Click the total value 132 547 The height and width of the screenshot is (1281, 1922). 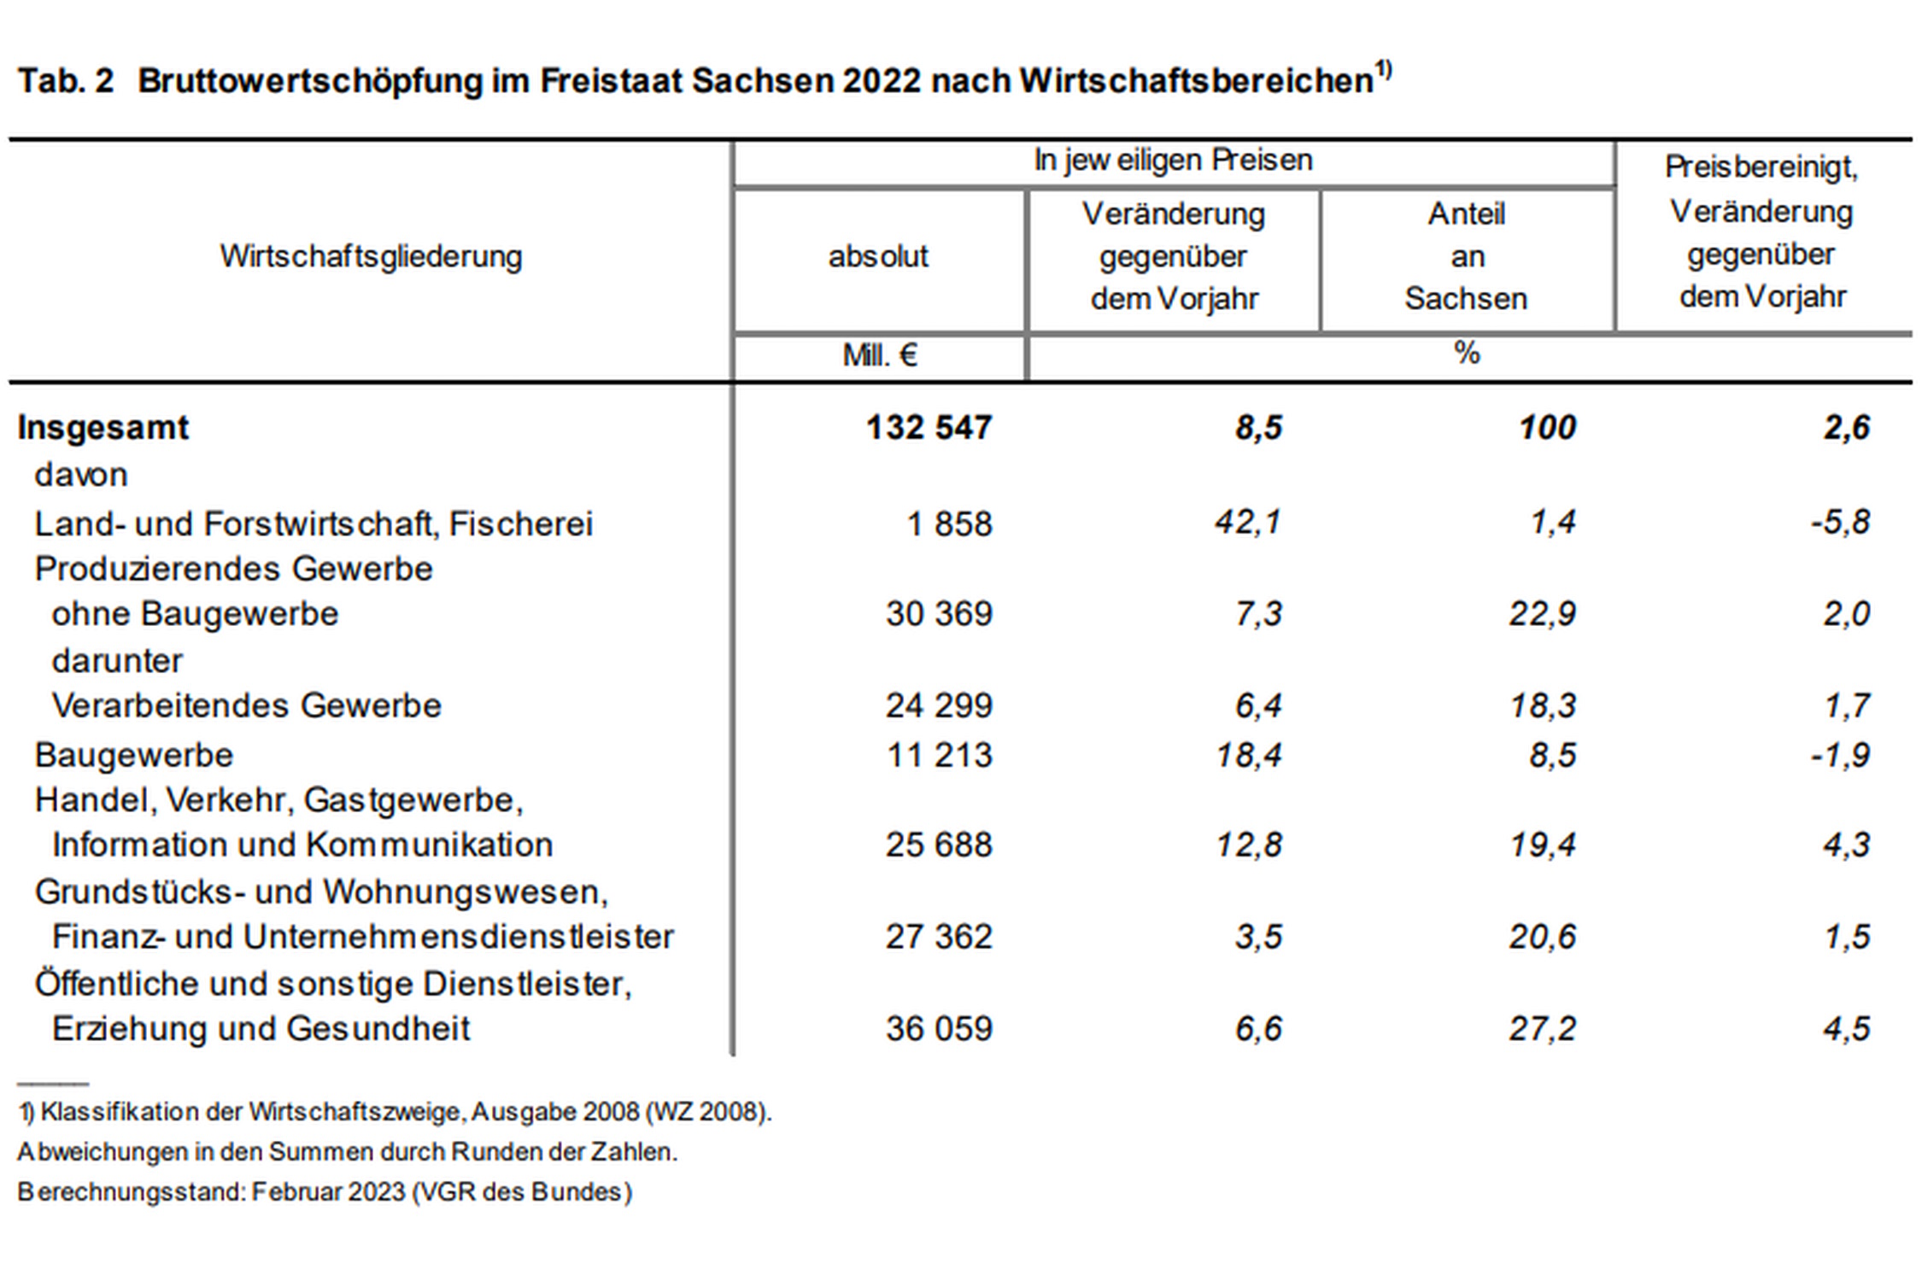(x=929, y=427)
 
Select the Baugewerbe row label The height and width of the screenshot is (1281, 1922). (x=133, y=755)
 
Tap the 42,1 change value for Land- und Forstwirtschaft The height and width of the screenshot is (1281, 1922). (x=1248, y=522)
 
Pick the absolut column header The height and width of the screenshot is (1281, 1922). (x=878, y=256)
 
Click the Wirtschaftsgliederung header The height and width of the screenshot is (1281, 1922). (x=371, y=256)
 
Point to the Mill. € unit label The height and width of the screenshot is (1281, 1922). (x=880, y=354)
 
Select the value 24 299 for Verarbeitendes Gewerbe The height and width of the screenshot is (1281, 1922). (x=939, y=705)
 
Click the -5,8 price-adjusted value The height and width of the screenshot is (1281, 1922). (x=1840, y=522)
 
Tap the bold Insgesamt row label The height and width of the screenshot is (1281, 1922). (x=103, y=427)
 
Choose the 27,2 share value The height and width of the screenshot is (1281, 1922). (x=1542, y=1028)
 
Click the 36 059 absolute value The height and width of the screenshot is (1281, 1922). (x=939, y=1028)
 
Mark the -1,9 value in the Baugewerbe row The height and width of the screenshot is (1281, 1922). (x=1840, y=755)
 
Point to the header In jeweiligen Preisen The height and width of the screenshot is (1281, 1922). (x=1173, y=161)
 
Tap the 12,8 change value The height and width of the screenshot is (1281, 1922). (x=1248, y=845)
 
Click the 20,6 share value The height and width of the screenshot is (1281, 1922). (x=1542, y=937)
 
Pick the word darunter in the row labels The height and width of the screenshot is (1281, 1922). (x=117, y=660)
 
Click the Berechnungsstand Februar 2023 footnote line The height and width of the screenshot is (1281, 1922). (x=325, y=1192)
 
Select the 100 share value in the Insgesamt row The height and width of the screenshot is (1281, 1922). (x=1547, y=427)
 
